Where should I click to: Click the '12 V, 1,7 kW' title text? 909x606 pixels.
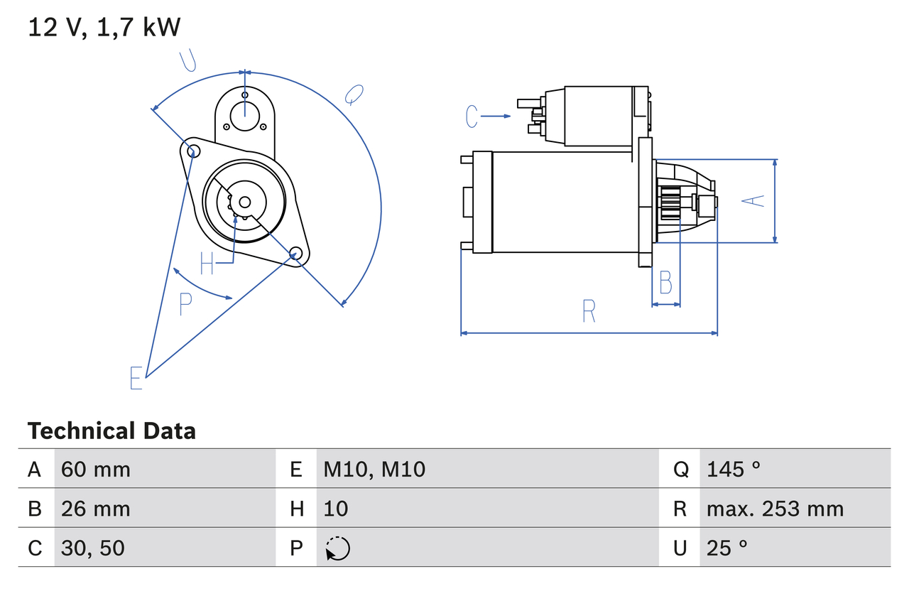pyautogui.click(x=104, y=28)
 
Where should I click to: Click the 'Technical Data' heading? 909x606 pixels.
pyautogui.click(x=111, y=431)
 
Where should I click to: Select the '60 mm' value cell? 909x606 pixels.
pyautogui.click(x=96, y=469)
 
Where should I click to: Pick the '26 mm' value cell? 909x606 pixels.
pyautogui.click(x=96, y=509)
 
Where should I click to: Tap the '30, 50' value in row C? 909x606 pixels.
pyautogui.click(x=93, y=548)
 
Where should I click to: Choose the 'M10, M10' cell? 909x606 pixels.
pyautogui.click(x=374, y=469)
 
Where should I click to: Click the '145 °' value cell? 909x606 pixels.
pyautogui.click(x=734, y=469)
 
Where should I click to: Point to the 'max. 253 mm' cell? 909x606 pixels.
pyautogui.click(x=775, y=509)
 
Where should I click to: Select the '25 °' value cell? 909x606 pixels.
pyautogui.click(x=727, y=548)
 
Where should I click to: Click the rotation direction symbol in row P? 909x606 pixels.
pyautogui.click(x=337, y=548)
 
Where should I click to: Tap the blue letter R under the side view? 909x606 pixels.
pyautogui.click(x=589, y=311)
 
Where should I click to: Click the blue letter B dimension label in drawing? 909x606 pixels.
pyautogui.click(x=665, y=283)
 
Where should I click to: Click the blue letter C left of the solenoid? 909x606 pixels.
pyautogui.click(x=472, y=116)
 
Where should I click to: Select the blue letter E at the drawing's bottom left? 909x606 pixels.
pyautogui.click(x=136, y=378)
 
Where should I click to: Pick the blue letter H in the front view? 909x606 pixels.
pyautogui.click(x=207, y=264)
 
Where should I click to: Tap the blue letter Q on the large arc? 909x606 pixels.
pyautogui.click(x=354, y=94)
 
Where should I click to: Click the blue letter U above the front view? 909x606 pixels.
pyautogui.click(x=187, y=61)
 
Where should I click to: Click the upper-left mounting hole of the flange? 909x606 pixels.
pyautogui.click(x=190, y=149)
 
